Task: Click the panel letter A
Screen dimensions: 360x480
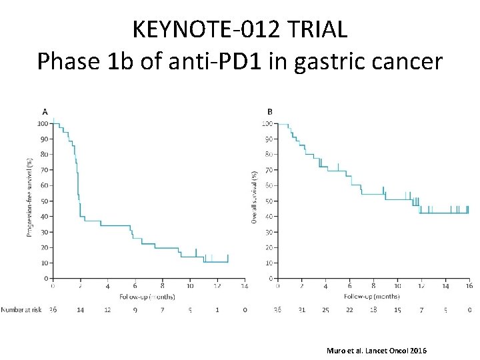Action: (45, 111)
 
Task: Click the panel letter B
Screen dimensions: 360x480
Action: (269, 111)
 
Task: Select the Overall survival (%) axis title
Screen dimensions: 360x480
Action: (254, 197)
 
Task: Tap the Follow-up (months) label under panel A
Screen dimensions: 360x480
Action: (147, 296)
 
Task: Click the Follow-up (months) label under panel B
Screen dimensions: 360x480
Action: (372, 296)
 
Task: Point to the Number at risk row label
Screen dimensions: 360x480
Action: (21, 310)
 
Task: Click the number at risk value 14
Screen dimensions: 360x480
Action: (80, 310)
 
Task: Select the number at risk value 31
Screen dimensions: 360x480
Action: (301, 310)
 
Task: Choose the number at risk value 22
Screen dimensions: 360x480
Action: (349, 310)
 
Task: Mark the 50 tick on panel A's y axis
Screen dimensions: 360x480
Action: (43, 201)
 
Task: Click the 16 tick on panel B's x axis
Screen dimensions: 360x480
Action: (469, 286)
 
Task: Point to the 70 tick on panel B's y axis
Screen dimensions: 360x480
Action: (267, 170)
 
